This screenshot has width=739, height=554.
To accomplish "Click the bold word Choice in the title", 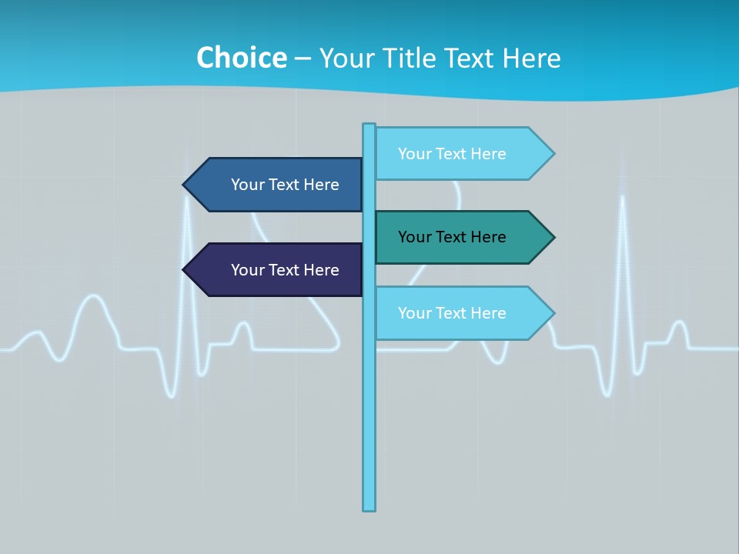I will pyautogui.click(x=241, y=58).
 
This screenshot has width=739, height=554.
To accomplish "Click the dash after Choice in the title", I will pyautogui.click(x=303, y=58).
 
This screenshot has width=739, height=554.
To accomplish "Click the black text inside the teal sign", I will pyautogui.click(x=452, y=237).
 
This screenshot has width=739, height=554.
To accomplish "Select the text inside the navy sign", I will pyautogui.click(x=285, y=270).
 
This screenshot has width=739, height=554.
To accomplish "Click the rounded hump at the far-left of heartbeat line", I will pyautogui.click(x=93, y=298).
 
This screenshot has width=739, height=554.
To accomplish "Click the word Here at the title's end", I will pyautogui.click(x=531, y=58).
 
